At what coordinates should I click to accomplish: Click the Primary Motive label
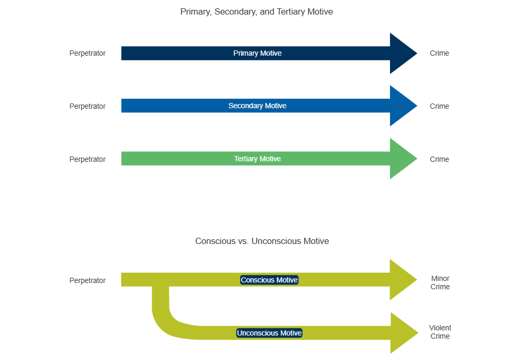pos(257,53)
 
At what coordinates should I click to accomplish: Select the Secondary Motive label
pos(257,106)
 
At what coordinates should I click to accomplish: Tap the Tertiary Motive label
pos(257,159)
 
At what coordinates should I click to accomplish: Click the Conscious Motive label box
pos(269,280)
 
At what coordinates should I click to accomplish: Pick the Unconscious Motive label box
pos(269,333)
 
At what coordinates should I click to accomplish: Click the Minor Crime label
pos(440,282)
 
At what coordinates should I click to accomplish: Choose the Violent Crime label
pos(440,332)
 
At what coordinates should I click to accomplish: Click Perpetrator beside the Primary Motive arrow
pos(87,53)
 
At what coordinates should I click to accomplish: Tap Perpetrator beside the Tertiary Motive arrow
pos(87,159)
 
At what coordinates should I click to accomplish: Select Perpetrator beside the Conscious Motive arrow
pos(87,280)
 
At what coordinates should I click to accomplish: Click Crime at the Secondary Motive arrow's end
pos(439,106)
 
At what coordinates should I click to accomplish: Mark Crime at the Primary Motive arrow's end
pos(439,53)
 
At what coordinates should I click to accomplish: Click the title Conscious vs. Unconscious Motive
pos(262,241)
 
